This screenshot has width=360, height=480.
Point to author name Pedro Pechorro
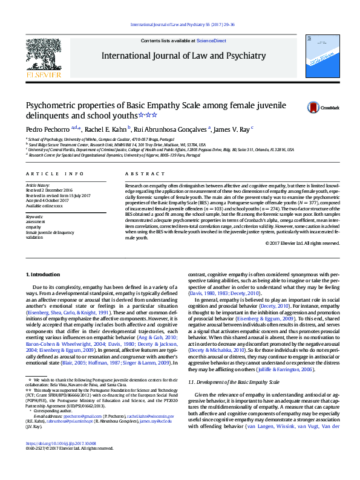(47, 129)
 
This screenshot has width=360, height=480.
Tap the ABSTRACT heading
(136, 174)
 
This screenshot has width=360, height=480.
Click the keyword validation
(35, 238)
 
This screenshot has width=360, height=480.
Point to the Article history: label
(37, 184)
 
